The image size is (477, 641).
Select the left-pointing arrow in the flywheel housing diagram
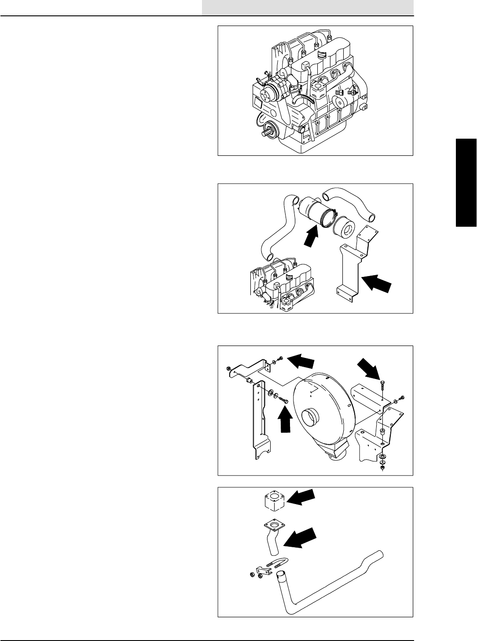pyautogui.click(x=301, y=361)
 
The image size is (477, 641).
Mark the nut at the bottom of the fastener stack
pyautogui.click(x=382, y=468)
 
